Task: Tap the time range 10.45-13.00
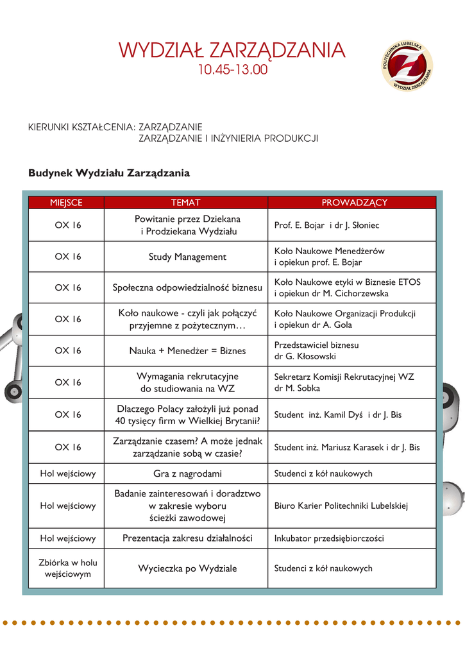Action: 232,69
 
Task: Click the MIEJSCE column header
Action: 67,203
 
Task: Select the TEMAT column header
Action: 186,203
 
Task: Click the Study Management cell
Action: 187,257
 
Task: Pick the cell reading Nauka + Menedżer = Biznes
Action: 187,351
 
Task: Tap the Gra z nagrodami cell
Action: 187,474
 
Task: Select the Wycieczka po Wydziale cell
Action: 187,568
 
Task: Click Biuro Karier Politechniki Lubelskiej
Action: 341,506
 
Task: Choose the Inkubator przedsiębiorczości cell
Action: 329,538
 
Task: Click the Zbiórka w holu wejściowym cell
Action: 67,568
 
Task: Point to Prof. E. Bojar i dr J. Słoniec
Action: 326,225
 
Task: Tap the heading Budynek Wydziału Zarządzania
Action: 109,173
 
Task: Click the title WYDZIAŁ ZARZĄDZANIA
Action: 232,50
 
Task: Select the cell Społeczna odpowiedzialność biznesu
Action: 187,288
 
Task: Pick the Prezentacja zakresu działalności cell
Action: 187,538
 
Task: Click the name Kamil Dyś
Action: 344,415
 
